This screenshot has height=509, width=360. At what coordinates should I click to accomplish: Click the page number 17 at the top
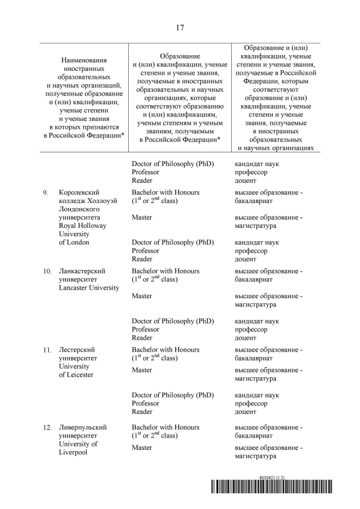pyautogui.click(x=180, y=28)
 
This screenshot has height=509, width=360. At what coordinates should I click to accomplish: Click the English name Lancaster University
pyautogui.click(x=89, y=288)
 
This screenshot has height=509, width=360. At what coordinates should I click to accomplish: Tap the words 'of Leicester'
pyautogui.click(x=76, y=375)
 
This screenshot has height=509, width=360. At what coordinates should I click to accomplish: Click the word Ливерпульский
pyautogui.click(x=83, y=428)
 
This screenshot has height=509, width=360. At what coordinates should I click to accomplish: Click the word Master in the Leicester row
pyautogui.click(x=142, y=370)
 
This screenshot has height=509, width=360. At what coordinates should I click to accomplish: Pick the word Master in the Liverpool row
pyautogui.click(x=142, y=448)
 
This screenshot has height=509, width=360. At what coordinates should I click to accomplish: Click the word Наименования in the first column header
pyautogui.click(x=84, y=60)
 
